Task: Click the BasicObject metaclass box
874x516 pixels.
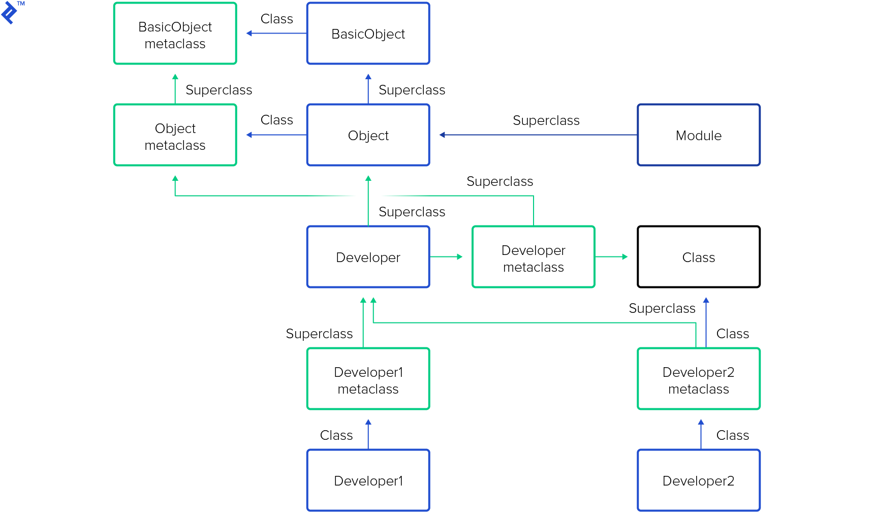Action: [175, 34]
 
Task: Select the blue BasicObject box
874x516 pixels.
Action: [368, 34]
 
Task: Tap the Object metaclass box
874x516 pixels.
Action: [175, 135]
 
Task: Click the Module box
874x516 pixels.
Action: [698, 135]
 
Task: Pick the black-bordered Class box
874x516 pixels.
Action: [698, 257]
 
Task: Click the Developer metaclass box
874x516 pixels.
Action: [533, 257]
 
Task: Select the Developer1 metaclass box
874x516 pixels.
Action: [368, 379]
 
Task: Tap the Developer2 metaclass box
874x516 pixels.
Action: [698, 379]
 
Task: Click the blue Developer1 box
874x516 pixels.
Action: [368, 480]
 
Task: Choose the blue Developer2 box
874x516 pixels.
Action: [698, 480]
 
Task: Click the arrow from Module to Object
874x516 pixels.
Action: [539, 135]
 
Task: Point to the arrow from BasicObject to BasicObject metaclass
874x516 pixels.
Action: [276, 34]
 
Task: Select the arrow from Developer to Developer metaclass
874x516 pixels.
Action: [446, 257]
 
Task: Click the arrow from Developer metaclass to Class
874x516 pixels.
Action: [611, 257]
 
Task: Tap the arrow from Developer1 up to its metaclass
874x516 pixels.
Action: [368, 434]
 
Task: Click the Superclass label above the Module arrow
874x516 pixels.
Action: [546, 120]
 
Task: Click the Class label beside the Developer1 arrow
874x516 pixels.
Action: [336, 435]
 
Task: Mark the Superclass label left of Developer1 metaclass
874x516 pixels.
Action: [319, 334]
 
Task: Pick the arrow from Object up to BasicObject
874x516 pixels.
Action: [368, 89]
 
